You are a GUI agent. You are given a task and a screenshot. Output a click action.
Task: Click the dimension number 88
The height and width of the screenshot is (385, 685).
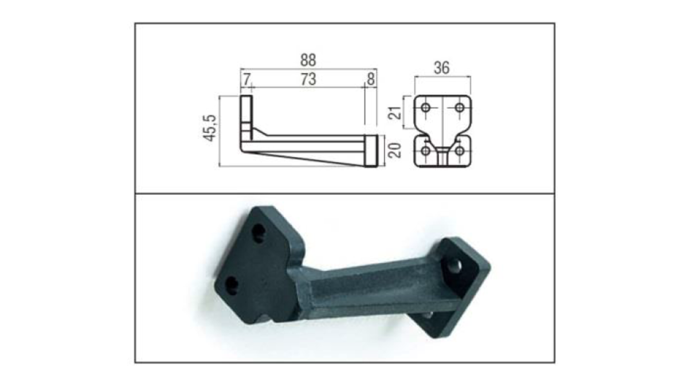(308, 60)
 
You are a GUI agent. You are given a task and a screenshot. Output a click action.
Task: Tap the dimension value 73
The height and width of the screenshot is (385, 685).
(308, 79)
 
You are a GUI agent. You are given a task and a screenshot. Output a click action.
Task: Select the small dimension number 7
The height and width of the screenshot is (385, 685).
(247, 79)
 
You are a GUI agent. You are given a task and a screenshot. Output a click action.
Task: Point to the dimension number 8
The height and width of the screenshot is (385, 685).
(371, 79)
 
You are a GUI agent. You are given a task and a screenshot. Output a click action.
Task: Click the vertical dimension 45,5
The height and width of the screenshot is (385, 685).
(210, 128)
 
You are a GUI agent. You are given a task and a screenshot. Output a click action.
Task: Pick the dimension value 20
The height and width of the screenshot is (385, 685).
(395, 150)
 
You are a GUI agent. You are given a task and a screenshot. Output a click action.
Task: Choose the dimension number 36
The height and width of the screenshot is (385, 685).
(442, 68)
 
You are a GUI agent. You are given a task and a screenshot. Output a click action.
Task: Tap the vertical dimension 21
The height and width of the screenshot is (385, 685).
(395, 112)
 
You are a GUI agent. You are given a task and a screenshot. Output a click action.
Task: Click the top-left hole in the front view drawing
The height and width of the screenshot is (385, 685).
(426, 107)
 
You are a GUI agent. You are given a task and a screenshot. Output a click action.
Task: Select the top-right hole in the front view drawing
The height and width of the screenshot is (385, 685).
(460, 107)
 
